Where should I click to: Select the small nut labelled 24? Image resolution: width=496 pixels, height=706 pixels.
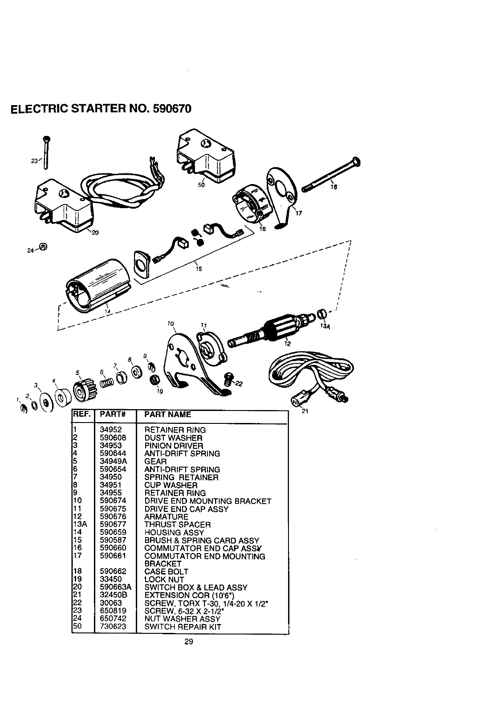[43, 246]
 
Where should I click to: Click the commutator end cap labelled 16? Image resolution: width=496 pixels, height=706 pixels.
[251, 207]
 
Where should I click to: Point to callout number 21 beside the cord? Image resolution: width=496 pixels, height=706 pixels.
[305, 411]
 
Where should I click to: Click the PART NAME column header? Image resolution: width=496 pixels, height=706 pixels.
[168, 415]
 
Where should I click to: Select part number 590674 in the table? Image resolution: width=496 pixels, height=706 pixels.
[113, 501]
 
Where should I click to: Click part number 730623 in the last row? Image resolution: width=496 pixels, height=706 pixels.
[113, 626]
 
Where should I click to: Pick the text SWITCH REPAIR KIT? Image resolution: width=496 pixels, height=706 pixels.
[183, 626]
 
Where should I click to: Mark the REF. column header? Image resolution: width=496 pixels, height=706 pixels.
[81, 415]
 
